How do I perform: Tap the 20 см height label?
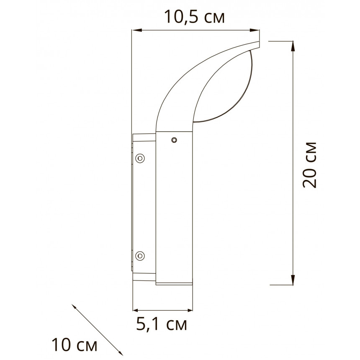pos(309,165)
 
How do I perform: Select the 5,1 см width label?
pos(162,324)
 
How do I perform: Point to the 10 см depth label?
pos(75,345)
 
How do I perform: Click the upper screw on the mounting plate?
pos(140,158)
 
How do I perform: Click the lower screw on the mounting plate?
pos(140,256)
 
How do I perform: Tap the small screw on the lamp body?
pos(174,140)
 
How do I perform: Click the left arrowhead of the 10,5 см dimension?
pos(136,30)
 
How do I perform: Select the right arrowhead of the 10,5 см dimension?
pos(255,30)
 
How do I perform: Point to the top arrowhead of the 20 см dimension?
pos(293,46)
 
